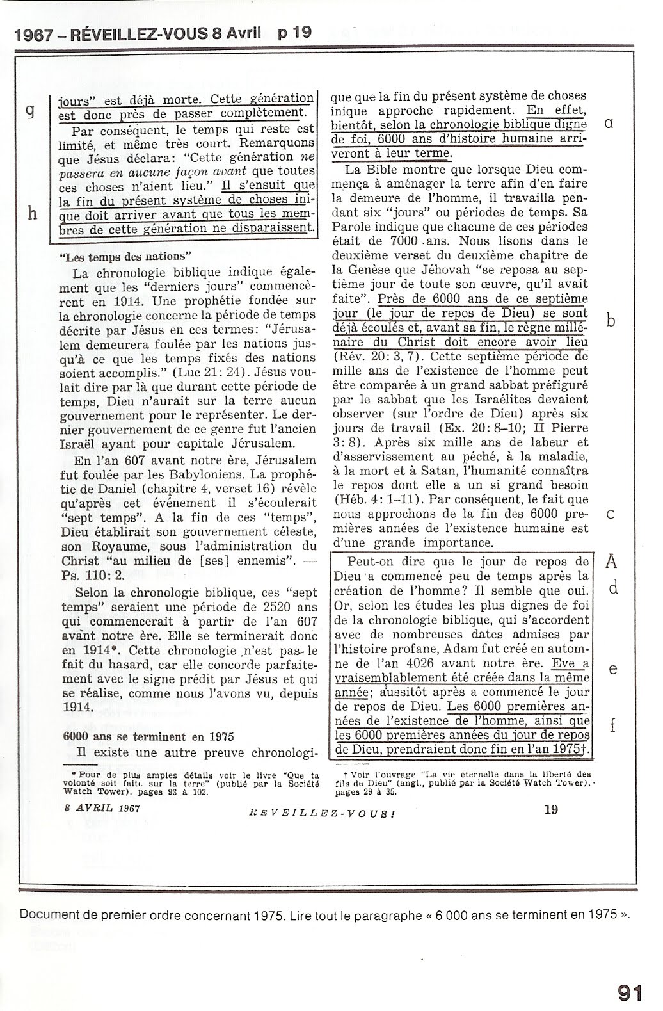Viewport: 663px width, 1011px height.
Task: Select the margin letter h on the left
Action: [x=32, y=213]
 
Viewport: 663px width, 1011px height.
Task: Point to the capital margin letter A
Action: [x=612, y=562]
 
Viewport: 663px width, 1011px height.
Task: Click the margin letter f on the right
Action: [x=613, y=725]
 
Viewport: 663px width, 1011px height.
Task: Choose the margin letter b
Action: [x=611, y=321]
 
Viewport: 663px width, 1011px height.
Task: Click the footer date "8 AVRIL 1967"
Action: [x=102, y=807]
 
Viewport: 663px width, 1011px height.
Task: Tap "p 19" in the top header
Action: [x=295, y=32]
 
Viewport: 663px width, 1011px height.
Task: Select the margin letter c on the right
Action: [x=611, y=515]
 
